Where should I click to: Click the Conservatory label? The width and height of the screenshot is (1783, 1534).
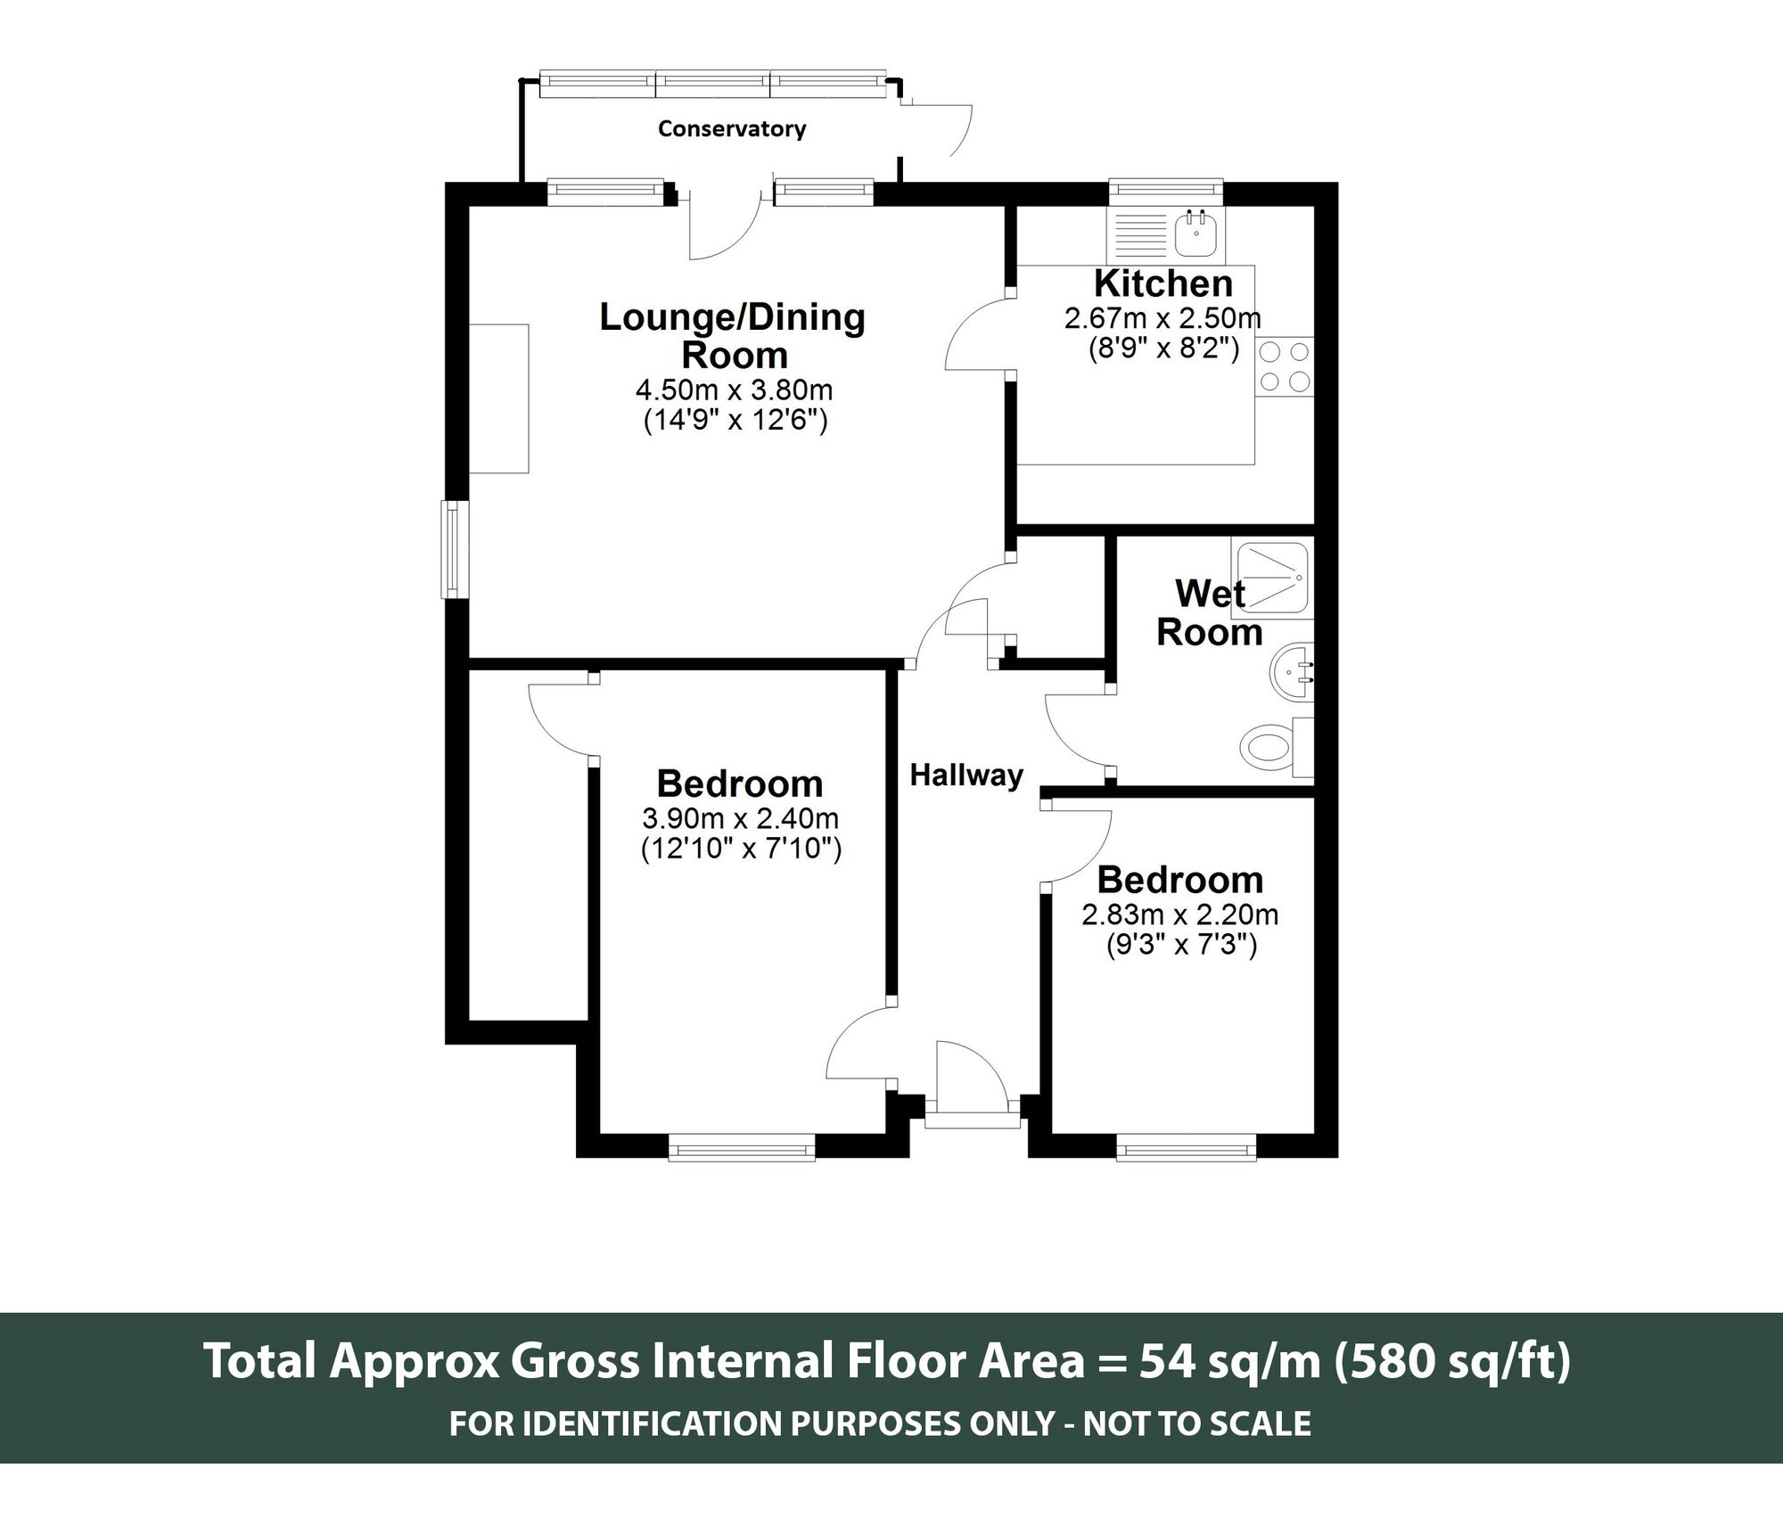point(732,129)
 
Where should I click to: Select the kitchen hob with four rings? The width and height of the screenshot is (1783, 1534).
point(1285,367)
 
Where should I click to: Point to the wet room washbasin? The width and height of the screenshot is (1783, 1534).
point(1290,671)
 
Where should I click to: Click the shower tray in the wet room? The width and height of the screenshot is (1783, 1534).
point(1272,578)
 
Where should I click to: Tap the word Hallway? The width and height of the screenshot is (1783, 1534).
point(966,776)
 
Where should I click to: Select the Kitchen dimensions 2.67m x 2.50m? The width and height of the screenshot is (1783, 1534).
point(1163,318)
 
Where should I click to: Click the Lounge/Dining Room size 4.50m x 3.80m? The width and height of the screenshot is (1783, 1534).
point(734,390)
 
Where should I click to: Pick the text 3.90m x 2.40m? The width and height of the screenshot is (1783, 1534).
point(740,818)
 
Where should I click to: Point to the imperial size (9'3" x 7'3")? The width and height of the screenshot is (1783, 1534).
point(1181,944)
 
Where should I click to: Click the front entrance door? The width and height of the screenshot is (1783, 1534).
point(972,1077)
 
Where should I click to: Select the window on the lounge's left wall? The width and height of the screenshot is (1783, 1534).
point(456,549)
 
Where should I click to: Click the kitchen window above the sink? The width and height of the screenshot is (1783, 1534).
point(1166,189)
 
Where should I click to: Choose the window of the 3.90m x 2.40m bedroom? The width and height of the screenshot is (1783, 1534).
point(742,1146)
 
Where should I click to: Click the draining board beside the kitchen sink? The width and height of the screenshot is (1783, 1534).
point(1139,234)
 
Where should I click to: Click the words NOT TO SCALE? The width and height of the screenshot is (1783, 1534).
point(1197,1423)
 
